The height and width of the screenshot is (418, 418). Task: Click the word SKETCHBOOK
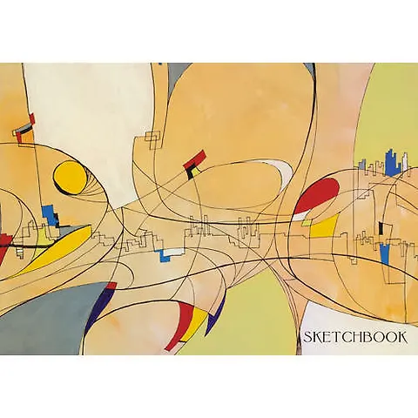coord(355,337)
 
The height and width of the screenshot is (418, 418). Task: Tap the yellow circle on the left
coord(71,177)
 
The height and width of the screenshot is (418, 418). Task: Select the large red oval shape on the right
coord(316,194)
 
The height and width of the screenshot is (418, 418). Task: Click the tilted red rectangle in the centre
coord(194,159)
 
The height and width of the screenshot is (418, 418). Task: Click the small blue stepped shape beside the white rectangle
coord(165,256)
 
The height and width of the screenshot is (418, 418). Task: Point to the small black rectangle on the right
coord(381,228)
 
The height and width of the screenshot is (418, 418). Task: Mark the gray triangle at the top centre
coord(175,76)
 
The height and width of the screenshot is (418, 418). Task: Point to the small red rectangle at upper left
coord(32,118)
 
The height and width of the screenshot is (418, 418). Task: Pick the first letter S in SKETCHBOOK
coord(308,338)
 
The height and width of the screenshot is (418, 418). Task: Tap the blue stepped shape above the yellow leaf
coord(50,215)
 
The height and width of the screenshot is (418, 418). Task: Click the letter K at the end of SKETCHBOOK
coord(402,337)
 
